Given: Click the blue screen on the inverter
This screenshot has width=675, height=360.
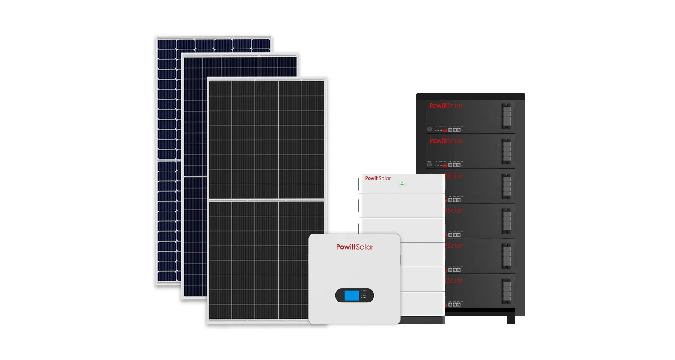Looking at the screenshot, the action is [x=351, y=295].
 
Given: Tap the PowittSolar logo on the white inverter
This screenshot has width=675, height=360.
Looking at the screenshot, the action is [x=355, y=247].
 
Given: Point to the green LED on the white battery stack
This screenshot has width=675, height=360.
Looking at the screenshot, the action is [x=402, y=183].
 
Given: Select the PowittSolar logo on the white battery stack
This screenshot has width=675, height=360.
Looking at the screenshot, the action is [x=378, y=178].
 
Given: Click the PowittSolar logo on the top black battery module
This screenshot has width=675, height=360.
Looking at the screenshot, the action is [x=446, y=106].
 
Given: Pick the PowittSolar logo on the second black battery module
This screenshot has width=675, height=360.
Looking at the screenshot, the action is [x=446, y=141].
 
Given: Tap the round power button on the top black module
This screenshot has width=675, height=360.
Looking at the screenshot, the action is [x=429, y=130].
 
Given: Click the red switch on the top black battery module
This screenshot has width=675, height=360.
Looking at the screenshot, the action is [x=445, y=130].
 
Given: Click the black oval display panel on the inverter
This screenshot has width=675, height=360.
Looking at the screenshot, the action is [x=355, y=295].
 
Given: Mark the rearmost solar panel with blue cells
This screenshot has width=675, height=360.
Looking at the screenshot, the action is [x=169, y=135].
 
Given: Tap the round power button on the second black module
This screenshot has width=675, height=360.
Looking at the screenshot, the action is [x=429, y=165].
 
